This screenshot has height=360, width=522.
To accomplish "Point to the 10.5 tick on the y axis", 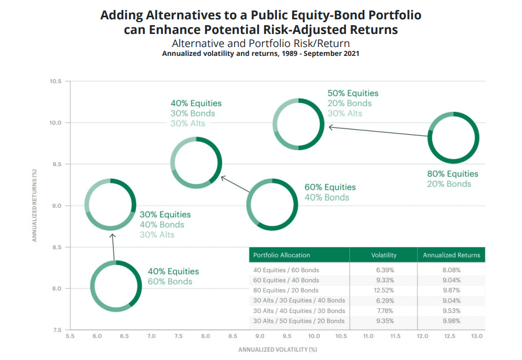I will (55, 82).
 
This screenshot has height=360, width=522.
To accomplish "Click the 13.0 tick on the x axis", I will (477, 336).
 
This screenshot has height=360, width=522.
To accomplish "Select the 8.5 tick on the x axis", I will (233, 336).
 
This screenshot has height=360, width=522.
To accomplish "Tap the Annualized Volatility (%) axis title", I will (277, 349).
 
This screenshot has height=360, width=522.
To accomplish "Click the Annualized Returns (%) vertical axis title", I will (35, 205).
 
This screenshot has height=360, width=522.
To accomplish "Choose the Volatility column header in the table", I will (384, 255).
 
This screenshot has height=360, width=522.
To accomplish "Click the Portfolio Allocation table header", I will (282, 255).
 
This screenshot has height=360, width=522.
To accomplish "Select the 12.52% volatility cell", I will (384, 291).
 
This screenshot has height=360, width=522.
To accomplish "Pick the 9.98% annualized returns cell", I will (451, 321).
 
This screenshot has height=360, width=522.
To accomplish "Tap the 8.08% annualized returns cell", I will (451, 270).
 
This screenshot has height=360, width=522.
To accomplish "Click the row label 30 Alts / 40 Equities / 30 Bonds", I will (299, 311).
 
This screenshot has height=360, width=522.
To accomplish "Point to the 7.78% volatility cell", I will (384, 311).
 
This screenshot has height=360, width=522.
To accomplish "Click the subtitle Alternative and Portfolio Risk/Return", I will (261, 43).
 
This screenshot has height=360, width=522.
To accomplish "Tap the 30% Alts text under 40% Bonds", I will (157, 235).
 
